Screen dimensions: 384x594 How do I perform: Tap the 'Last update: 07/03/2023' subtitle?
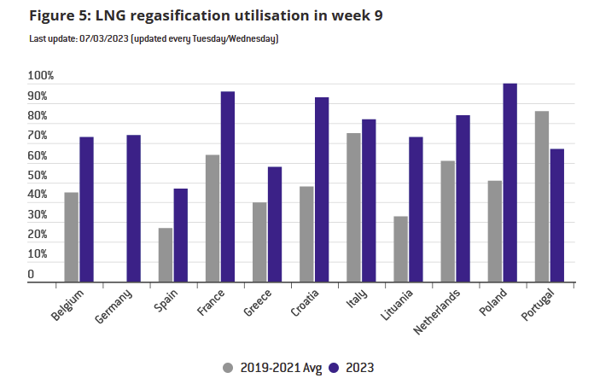click(x=154, y=39)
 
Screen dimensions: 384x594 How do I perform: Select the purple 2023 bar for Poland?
click(x=510, y=183)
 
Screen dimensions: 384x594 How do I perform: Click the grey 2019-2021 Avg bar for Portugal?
click(x=541, y=196)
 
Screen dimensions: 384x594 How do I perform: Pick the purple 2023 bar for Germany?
click(x=133, y=208)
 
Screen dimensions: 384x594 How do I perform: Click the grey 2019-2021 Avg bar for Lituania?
click(x=400, y=248)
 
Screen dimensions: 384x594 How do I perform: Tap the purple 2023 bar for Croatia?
click(x=322, y=189)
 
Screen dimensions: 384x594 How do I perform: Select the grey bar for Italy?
click(x=353, y=207)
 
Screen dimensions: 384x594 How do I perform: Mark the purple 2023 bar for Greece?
click(x=275, y=224)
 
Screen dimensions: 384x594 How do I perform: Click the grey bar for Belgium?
click(x=72, y=236)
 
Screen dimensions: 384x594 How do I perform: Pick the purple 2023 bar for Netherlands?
click(x=463, y=198)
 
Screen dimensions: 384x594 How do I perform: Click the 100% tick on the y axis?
click(x=41, y=77)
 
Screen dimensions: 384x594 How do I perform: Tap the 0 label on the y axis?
click(x=32, y=275)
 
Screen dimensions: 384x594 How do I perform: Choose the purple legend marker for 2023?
click(x=335, y=368)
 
